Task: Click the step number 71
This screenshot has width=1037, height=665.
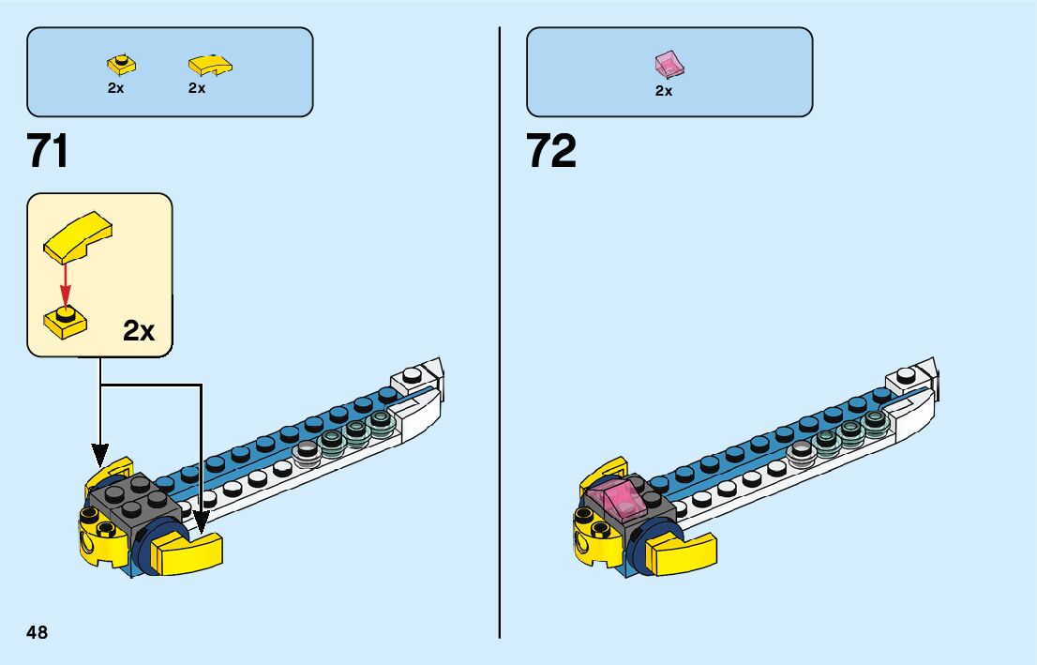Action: pyautogui.click(x=48, y=151)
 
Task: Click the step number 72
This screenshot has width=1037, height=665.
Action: pyautogui.click(x=551, y=151)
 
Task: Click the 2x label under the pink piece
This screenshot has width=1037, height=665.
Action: pyautogui.click(x=664, y=91)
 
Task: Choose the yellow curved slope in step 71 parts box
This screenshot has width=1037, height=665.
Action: pyautogui.click(x=209, y=65)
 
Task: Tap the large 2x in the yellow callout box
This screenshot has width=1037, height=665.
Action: pyautogui.click(x=139, y=330)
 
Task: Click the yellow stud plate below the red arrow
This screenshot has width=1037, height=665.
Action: pyautogui.click(x=65, y=322)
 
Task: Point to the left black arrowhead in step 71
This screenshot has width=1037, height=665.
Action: pyautogui.click(x=99, y=456)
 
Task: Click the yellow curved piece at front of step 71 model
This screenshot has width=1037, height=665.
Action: pyautogui.click(x=188, y=552)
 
